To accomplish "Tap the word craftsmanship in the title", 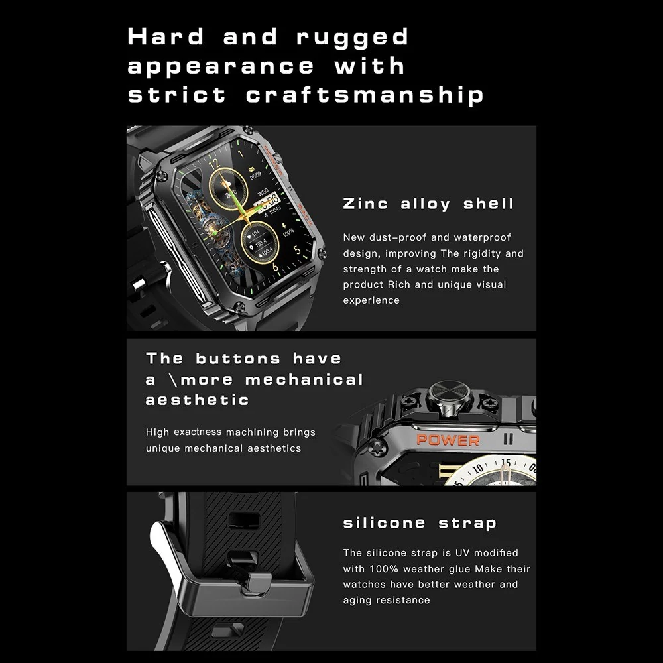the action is coord(365,95).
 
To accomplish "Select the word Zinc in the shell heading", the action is coord(365,204).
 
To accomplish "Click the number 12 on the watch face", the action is coord(214,163).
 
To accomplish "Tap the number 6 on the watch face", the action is coord(275,267).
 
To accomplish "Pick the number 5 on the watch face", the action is coord(297,250).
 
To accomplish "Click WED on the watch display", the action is coord(263,192).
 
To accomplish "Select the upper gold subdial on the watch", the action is coord(227,188).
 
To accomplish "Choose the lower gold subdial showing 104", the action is coord(260,243).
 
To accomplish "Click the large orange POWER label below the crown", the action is coord(448,440).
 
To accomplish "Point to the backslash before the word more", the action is coord(173,380).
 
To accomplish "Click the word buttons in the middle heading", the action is coord(238,359).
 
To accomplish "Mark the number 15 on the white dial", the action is coord(506,463).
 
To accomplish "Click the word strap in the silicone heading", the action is coord(467,524).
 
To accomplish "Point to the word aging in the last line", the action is coord(357,601).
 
